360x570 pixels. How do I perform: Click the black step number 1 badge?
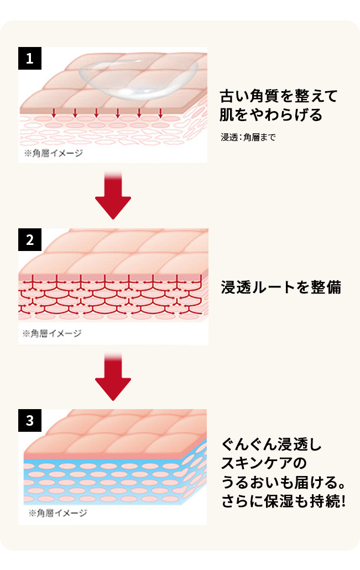pos(30,59)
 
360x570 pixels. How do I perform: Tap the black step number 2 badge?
pos(30,239)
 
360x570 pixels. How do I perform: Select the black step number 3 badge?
pos(30,420)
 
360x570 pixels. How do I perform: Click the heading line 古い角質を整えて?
pos(278,96)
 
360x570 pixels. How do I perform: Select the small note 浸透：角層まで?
pos(248,137)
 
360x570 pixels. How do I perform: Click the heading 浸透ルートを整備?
pos(281,287)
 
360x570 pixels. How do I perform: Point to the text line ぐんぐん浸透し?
pos(271,445)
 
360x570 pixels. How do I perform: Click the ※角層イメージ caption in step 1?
pos(54,153)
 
